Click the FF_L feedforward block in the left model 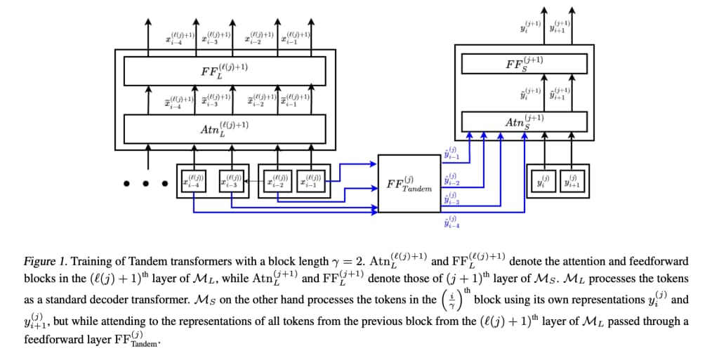tap(224, 71)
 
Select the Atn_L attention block tap(224, 128)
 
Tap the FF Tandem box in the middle tap(408, 184)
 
